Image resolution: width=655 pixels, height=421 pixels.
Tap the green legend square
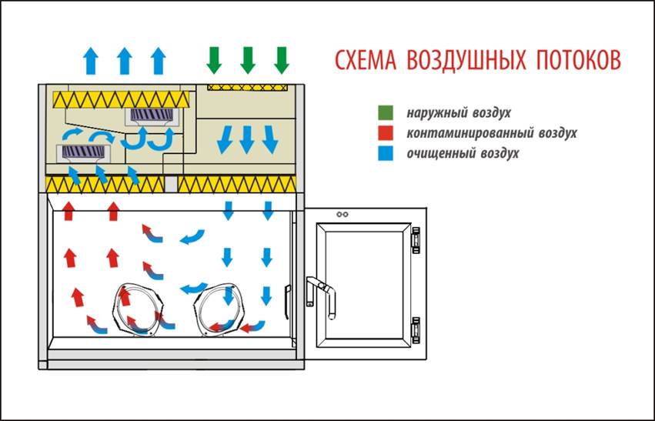(x=386, y=114)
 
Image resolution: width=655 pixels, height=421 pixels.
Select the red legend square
(x=386, y=133)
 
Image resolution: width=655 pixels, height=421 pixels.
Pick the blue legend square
(x=386, y=153)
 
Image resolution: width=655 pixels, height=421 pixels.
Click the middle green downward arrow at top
(x=247, y=59)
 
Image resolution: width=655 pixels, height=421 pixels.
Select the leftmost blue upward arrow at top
(x=90, y=59)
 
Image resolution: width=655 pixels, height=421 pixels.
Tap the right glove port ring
(x=218, y=309)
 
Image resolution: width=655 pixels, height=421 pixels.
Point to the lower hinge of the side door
(x=416, y=329)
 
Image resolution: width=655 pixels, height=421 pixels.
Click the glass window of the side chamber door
(x=366, y=285)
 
